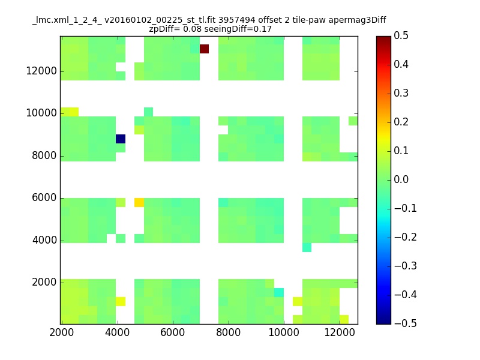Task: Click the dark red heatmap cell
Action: [204, 49]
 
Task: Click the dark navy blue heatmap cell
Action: [121, 139]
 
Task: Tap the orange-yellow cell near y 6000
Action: [139, 202]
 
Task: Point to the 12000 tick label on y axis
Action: [41, 71]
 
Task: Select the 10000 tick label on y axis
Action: [41, 113]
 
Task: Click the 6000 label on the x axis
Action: [173, 332]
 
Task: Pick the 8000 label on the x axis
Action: [229, 332]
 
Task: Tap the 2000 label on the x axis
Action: [62, 332]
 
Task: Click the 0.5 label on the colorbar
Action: [401, 35]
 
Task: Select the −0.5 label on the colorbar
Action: [406, 323]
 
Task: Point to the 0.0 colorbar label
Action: [401, 179]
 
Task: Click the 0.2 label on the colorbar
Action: [401, 122]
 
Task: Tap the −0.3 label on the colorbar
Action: [406, 266]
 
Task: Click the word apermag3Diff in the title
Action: [357, 20]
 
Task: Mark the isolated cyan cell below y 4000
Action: [307, 247]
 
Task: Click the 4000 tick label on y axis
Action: [44, 240]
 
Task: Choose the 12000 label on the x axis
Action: [340, 332]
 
